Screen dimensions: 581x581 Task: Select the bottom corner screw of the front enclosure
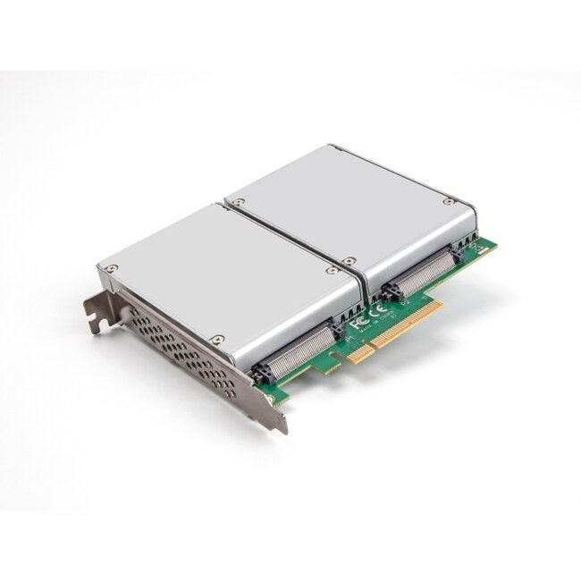click(x=215, y=339)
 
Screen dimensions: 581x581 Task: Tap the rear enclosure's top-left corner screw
click(x=240, y=205)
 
